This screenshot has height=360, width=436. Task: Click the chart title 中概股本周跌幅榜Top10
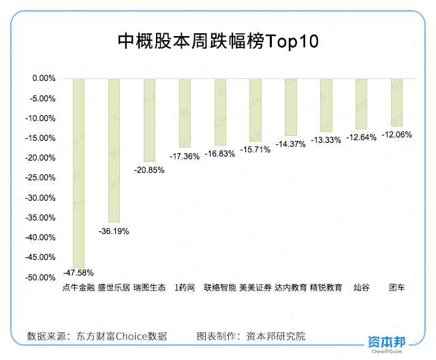tap(218, 42)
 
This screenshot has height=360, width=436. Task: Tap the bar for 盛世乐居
tap(114, 150)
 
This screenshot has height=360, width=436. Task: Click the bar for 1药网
tap(185, 112)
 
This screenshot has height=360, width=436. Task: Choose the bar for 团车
tap(396, 102)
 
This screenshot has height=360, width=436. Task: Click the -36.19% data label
tap(114, 231)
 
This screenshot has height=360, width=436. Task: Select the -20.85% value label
tap(149, 170)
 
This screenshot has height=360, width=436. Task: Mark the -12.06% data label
tap(396, 135)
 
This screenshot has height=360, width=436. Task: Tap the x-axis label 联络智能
tap(220, 288)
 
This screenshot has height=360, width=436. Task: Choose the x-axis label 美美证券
tap(255, 288)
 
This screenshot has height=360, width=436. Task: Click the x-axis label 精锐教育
tap(326, 288)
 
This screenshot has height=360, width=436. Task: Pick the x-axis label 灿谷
tap(361, 288)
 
